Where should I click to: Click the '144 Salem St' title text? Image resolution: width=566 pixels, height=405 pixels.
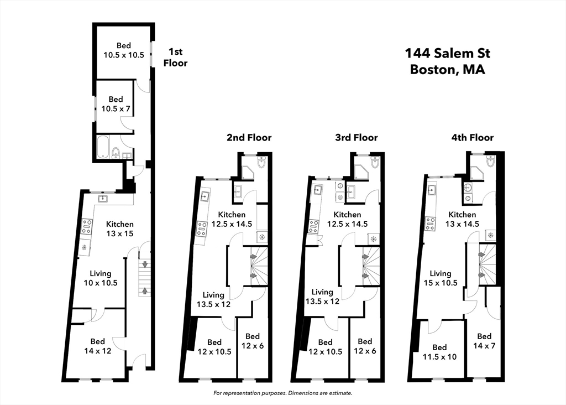pos(447,54)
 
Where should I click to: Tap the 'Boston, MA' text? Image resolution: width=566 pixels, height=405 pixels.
pos(447,70)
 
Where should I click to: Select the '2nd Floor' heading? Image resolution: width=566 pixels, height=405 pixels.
pos(249,138)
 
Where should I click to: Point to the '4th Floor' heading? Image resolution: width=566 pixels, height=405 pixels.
pos(471,138)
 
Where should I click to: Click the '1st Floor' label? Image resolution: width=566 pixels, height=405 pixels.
pos(175,58)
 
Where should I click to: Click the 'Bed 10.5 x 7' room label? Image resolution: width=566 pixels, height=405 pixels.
pos(116,104)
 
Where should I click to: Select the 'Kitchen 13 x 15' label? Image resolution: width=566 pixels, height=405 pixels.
pos(119,229)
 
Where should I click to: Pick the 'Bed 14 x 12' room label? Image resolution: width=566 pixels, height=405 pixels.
pos(97,346)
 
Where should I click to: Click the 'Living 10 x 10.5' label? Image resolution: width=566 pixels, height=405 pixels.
pos(100,278)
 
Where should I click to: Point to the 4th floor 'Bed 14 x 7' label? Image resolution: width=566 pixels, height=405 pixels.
pos(484,341)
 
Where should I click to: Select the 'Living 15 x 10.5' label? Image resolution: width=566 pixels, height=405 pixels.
pos(440,278)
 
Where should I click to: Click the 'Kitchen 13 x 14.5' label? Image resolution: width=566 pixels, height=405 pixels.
pos(462,219)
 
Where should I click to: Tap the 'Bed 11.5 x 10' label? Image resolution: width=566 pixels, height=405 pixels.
pos(439,352)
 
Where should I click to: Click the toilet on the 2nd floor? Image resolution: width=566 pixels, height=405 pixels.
pos(261,162)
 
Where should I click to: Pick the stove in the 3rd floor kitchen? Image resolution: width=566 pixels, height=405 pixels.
pos(313,226)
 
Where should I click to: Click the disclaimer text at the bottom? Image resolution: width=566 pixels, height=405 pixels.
pos(282,393)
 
